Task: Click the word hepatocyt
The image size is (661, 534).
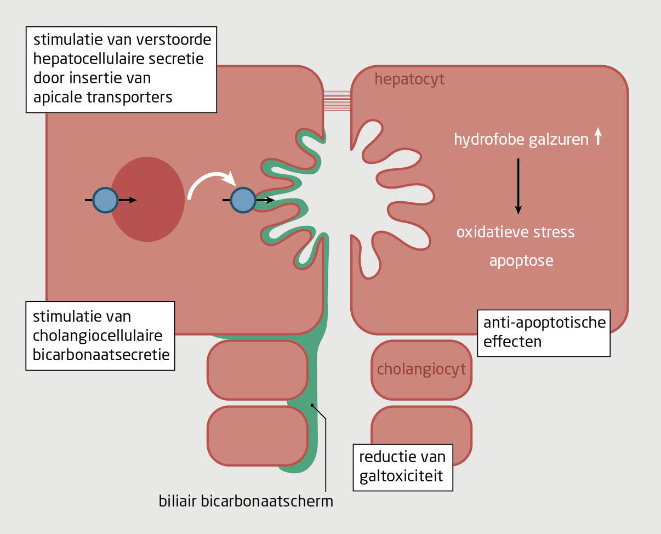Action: (409, 80)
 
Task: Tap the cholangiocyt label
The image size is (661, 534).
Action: (421, 369)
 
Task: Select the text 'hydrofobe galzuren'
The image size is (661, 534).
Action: (520, 139)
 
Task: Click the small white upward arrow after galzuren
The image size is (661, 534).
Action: (598, 137)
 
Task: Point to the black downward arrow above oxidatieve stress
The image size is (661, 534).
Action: (518, 186)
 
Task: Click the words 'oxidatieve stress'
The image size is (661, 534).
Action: (515, 232)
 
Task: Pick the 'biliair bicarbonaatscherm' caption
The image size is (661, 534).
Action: (246, 501)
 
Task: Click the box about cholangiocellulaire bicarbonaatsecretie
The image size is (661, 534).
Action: (100, 335)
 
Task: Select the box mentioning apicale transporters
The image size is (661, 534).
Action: (122, 70)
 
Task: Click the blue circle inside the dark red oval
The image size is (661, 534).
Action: (105, 200)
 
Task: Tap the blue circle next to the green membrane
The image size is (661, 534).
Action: (242, 200)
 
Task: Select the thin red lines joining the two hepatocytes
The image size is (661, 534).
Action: (337, 100)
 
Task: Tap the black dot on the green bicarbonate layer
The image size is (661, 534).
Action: (312, 405)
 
